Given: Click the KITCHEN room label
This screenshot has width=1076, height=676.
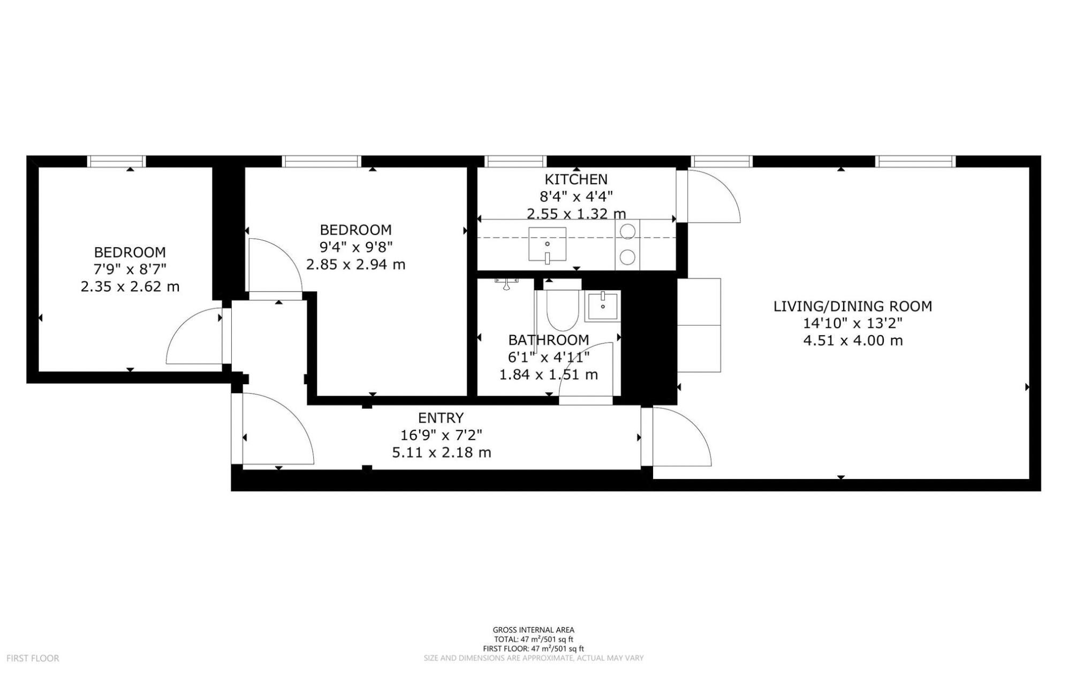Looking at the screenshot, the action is [576, 179].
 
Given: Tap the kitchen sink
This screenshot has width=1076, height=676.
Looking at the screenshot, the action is [547, 244].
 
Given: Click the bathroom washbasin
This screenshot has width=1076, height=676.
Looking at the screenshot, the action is [603, 306].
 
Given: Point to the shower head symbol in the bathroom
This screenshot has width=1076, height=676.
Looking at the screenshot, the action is [506, 283].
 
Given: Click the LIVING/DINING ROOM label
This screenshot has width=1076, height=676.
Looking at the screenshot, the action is [853, 306].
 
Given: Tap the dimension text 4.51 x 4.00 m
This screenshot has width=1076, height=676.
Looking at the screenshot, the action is [853, 340].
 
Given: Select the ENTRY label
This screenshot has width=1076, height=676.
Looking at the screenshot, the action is [441, 417].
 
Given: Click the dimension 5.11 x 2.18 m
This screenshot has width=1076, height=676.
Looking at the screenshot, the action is [442, 452].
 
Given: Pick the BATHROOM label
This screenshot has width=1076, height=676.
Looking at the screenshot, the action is [549, 340].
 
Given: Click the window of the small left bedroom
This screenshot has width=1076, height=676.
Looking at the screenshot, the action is [117, 161].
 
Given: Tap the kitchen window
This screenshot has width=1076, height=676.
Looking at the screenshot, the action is [516, 161].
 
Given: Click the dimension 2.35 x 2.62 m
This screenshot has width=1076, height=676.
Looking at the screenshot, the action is [130, 286].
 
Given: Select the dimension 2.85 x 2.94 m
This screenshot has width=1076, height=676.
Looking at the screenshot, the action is [356, 264].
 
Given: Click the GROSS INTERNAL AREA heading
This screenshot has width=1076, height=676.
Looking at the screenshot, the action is [534, 630].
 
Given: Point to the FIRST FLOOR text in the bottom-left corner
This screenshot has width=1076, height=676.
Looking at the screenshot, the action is [33, 658].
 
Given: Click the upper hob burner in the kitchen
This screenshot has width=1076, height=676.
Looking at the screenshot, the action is [627, 231].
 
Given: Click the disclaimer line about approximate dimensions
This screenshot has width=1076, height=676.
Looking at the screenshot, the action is [534, 658].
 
